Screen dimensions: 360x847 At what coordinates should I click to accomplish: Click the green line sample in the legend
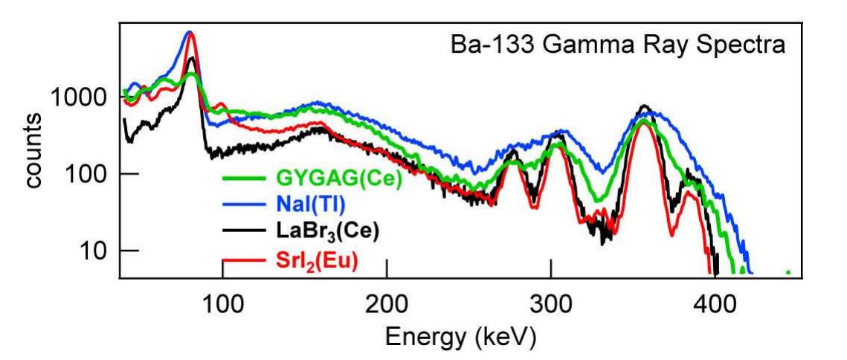[245, 179]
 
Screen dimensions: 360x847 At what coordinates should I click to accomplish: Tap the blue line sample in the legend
[245, 205]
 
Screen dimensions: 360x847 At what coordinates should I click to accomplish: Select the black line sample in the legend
[245, 231]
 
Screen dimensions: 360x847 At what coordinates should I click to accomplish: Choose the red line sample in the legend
[245, 259]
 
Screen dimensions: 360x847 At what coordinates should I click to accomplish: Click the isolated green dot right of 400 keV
[788, 272]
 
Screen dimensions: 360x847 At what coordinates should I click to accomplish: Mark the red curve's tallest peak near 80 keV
[190, 33]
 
